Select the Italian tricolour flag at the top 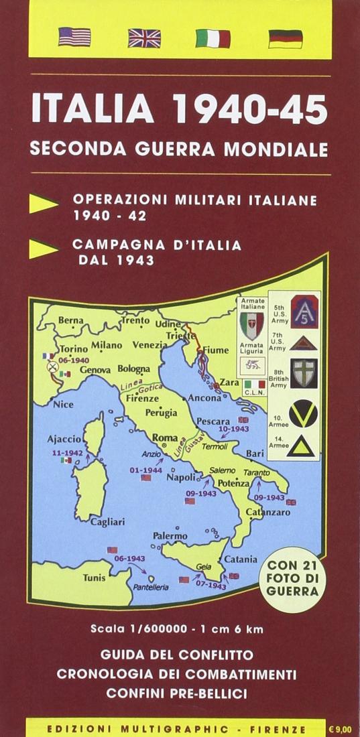(x=213, y=38)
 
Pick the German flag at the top (x=285, y=39)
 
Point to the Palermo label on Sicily (x=170, y=536)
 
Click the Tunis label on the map (x=94, y=577)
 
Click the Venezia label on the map (x=149, y=345)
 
